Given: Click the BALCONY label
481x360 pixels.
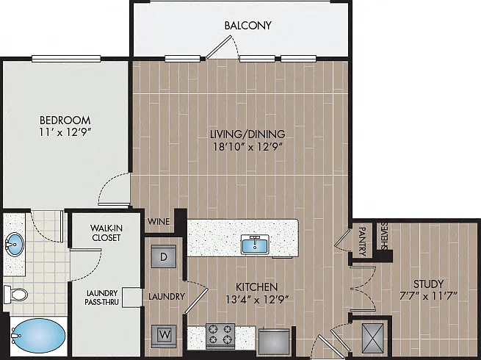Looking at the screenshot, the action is click(x=248, y=25).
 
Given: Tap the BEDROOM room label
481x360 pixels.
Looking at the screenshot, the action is click(x=65, y=120).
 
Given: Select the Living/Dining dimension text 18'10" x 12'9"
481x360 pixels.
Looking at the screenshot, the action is click(x=247, y=147).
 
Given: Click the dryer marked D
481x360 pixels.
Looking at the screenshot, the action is click(x=164, y=256).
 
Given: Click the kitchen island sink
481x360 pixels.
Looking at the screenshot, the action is click(x=255, y=245).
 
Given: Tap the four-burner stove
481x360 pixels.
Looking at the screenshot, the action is click(x=220, y=336).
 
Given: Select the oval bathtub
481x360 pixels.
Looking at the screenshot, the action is click(x=38, y=336).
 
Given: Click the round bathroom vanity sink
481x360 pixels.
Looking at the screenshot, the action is click(x=14, y=245).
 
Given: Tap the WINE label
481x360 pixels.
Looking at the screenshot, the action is click(x=159, y=221).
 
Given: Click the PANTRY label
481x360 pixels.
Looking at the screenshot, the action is click(x=362, y=242).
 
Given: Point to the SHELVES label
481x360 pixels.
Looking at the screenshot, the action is click(x=384, y=236).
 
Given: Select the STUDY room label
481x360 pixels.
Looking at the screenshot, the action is click(x=428, y=284).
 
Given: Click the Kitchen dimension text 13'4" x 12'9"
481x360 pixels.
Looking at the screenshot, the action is click(x=257, y=299).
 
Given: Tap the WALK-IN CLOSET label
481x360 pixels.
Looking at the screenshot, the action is click(x=106, y=233).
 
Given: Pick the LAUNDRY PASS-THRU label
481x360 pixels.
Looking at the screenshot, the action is click(x=101, y=298).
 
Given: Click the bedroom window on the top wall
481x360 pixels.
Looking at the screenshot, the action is click(x=66, y=58).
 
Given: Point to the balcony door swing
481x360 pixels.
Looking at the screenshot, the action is click(x=223, y=47).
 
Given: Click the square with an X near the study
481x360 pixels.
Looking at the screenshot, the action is click(x=372, y=338).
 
